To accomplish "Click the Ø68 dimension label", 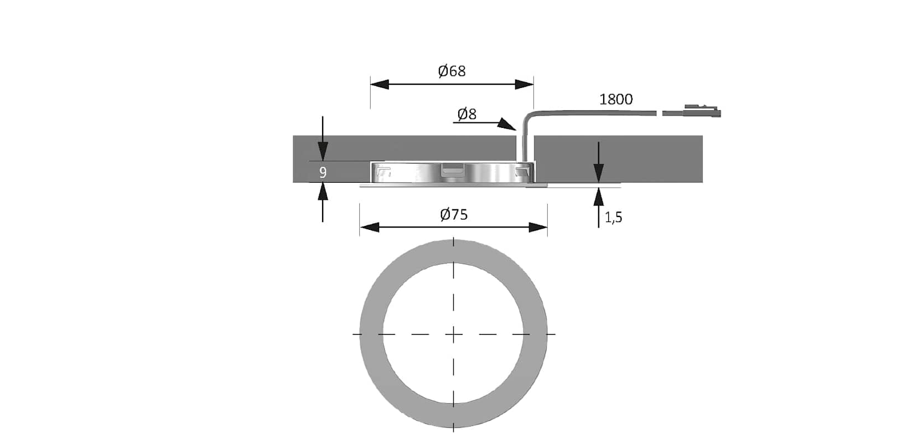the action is pos(452,71).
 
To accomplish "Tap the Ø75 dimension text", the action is pos(454,214).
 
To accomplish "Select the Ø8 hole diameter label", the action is pos(467,114).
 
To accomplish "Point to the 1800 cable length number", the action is pos(616,99).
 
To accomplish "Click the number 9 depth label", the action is pos(323,173).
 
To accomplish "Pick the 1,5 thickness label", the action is pos(614,218).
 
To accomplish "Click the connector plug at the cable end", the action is pos(702,111).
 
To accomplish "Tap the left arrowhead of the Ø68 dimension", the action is pos(380,84).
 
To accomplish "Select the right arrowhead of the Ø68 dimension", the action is pos(525,84).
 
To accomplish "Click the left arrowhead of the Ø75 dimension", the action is pos(369,228).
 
